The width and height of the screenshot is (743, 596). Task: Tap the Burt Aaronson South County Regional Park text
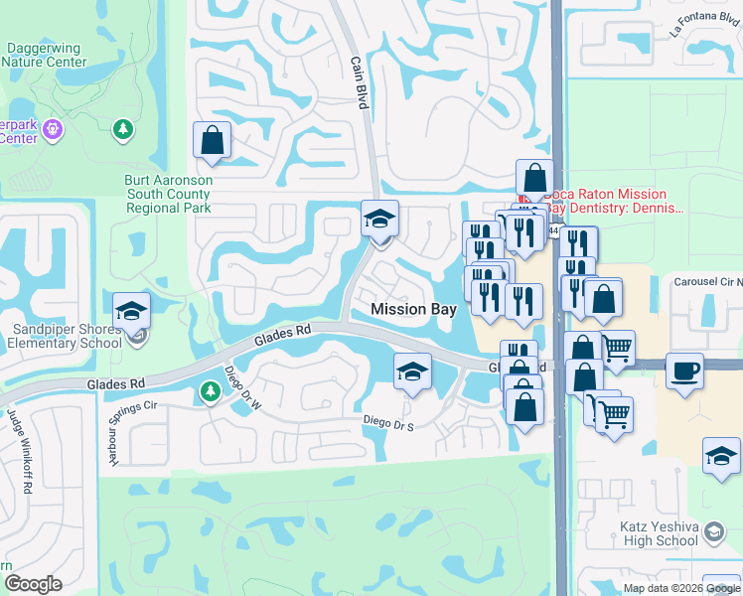click(168, 194)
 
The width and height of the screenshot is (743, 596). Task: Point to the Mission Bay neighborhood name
click(413, 309)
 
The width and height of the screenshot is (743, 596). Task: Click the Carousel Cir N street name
click(707, 282)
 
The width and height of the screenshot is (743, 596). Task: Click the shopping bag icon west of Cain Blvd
click(213, 140)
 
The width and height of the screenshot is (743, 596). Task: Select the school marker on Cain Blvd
click(378, 219)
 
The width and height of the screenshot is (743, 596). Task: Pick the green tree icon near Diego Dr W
click(210, 392)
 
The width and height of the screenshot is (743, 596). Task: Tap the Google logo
click(33, 583)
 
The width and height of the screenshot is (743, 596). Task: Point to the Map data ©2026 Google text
click(679, 588)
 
